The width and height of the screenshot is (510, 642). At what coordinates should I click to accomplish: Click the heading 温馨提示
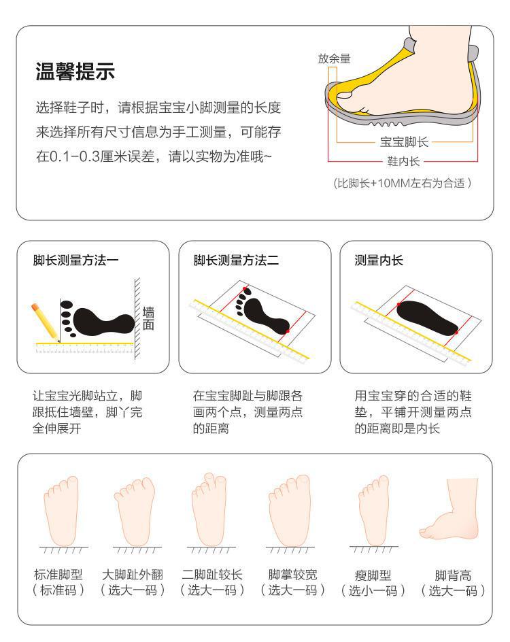tap(75, 71)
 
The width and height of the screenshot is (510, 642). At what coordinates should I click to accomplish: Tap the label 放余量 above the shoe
tap(334, 58)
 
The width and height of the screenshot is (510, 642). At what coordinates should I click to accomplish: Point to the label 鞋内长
tap(403, 161)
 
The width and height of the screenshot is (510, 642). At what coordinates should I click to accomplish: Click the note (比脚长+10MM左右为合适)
tap(403, 183)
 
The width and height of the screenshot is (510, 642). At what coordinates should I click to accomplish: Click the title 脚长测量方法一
tap(75, 260)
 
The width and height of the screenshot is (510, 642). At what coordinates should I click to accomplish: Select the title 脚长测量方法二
tap(236, 260)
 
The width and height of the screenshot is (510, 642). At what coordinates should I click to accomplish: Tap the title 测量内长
tap(379, 260)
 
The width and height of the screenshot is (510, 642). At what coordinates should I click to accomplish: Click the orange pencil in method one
tap(45, 322)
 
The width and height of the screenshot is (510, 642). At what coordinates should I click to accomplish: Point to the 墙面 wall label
tap(148, 318)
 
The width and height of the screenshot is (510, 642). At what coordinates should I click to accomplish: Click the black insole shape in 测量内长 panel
tap(427, 318)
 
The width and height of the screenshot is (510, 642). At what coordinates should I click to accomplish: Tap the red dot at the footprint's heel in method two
tap(288, 331)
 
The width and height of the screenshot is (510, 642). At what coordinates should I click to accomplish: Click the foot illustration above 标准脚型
tap(61, 510)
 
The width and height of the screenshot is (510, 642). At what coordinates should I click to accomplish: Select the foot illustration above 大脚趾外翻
tap(135, 511)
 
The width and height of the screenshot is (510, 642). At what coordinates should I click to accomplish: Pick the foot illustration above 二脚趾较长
tap(209, 509)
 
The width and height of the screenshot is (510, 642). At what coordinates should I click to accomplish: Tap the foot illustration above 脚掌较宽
tap(290, 510)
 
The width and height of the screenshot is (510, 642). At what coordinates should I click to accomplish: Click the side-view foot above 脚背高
tap(449, 509)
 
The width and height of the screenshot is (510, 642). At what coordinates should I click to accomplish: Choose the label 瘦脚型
tap(373, 575)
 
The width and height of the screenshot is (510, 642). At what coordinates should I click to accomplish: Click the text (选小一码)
tap(373, 590)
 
